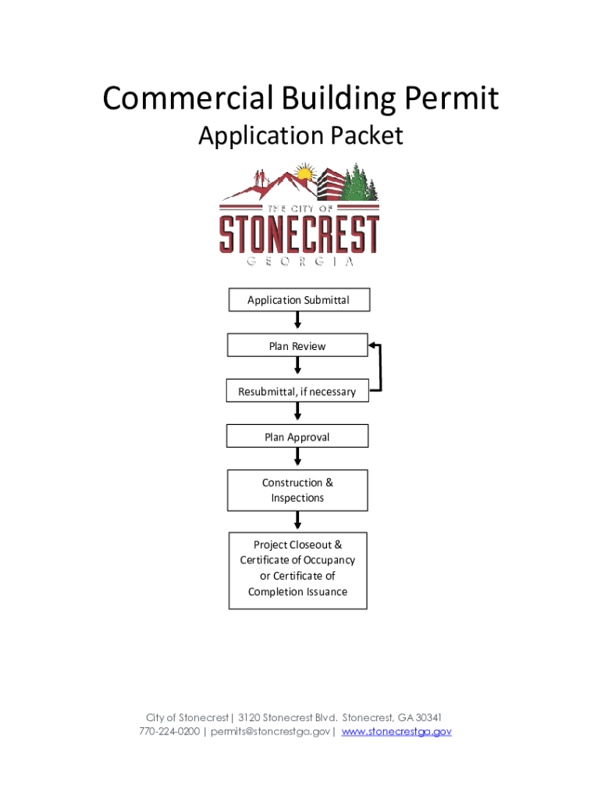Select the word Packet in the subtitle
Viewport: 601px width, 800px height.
(366, 136)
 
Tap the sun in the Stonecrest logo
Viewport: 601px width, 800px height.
(304, 173)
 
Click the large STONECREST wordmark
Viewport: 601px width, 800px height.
(300, 234)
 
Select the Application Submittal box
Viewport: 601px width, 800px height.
(298, 300)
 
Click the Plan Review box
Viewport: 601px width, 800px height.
(297, 345)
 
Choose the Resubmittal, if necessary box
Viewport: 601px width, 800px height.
(297, 391)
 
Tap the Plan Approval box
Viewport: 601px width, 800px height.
(297, 437)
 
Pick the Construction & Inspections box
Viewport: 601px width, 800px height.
(297, 490)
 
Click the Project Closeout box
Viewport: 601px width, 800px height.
(297, 568)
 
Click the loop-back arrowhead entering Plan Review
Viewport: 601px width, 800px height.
(374, 345)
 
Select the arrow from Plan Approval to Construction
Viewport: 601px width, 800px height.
(297, 459)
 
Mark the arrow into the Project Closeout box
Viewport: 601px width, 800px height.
(297, 521)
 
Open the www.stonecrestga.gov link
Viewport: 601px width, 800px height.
(397, 732)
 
